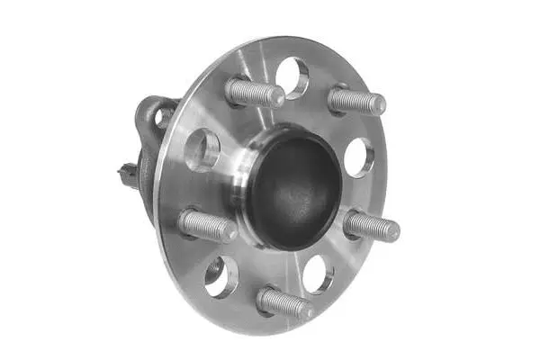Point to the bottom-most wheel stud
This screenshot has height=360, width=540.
(283, 302)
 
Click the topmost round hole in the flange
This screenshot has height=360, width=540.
(292, 77)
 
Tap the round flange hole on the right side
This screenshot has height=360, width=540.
(358, 157)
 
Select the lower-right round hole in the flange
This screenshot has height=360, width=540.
(318, 274)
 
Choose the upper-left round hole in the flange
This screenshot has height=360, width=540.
(202, 148)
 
